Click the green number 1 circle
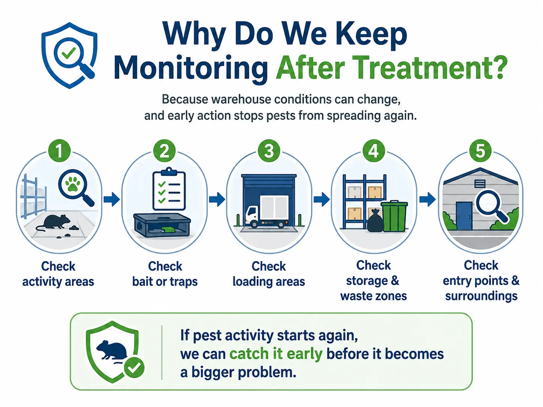(x=59, y=151)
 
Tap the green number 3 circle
(x=269, y=151)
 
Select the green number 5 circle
(x=480, y=151)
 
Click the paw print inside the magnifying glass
(x=72, y=184)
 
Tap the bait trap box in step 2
(x=162, y=226)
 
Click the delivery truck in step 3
(x=267, y=212)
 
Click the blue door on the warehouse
(x=464, y=216)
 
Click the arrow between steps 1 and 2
(x=112, y=199)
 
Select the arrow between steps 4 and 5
(x=427, y=199)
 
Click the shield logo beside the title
(x=69, y=55)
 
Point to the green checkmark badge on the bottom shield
(x=134, y=367)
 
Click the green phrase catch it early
(x=276, y=354)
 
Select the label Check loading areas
(x=269, y=274)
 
